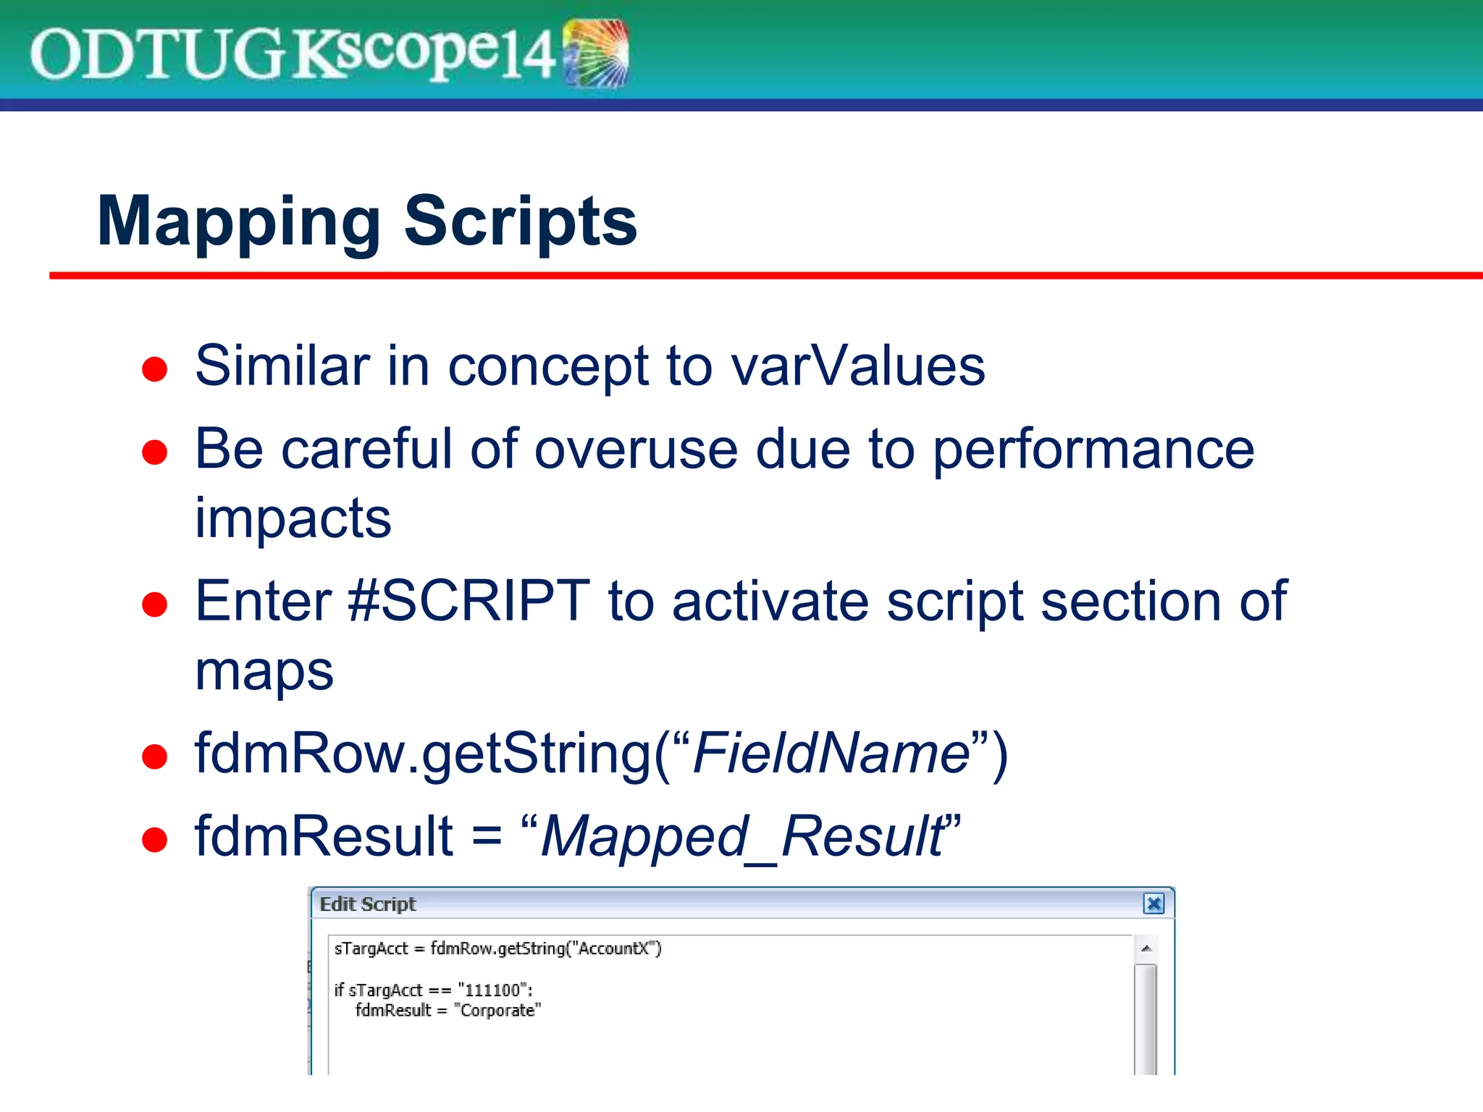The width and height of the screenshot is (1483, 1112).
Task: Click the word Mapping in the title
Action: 239,222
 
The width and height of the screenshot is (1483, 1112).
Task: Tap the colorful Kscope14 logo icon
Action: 595,54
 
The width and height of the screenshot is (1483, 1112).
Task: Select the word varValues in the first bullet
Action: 857,366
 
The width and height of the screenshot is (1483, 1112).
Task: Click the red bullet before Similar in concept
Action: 154,369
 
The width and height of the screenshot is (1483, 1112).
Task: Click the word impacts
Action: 293,518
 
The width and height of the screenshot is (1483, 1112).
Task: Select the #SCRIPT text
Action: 469,601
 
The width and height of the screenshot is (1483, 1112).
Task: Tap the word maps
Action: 264,671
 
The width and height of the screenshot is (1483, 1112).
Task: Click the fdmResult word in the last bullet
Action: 324,837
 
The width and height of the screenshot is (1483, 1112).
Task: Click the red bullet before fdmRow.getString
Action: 154,757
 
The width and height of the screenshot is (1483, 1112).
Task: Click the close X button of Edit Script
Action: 1153,903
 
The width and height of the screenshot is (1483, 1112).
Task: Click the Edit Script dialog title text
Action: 368,904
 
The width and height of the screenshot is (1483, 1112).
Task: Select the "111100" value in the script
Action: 492,990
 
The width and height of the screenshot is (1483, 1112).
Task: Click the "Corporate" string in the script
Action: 497,1011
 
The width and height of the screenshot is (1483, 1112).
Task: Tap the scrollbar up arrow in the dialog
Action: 1146,948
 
